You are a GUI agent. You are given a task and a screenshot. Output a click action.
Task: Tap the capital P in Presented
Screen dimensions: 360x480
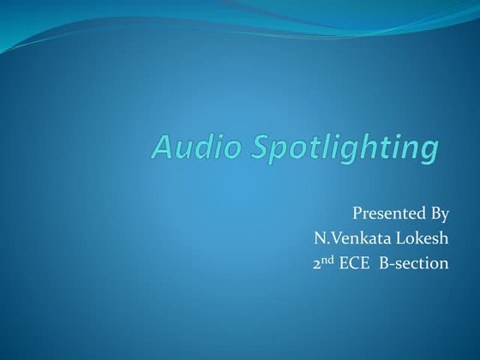tap(357, 213)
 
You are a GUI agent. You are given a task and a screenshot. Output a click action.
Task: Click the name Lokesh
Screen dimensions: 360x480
tap(421, 238)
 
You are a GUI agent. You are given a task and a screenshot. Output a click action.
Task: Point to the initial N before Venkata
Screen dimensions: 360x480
tap(319, 238)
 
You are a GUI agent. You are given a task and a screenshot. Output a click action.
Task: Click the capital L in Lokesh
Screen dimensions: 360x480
tap(399, 238)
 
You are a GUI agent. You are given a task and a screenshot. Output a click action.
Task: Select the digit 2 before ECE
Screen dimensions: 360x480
tap(317, 263)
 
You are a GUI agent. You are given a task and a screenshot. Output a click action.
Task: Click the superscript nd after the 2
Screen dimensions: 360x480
tap(328, 259)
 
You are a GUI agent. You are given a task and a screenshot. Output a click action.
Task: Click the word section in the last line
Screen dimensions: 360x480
tap(423, 263)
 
